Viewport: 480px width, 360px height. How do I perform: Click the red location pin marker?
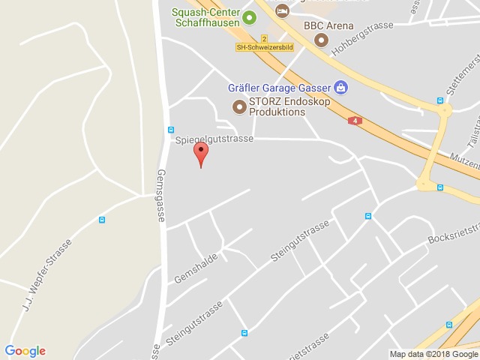[x=200, y=152]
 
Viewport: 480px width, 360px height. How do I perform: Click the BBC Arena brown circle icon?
[x=320, y=40]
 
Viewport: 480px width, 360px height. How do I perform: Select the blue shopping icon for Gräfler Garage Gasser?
[x=341, y=87]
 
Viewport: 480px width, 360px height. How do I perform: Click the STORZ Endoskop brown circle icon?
[x=239, y=106]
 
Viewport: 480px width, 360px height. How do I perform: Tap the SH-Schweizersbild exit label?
[x=264, y=47]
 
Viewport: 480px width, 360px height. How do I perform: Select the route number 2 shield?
[x=264, y=37]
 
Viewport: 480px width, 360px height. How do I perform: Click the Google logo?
[x=25, y=351]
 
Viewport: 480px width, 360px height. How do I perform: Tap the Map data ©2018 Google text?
[x=433, y=354]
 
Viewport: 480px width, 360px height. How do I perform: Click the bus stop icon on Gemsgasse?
[x=171, y=129]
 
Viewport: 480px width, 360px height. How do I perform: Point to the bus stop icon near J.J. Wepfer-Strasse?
[x=102, y=220]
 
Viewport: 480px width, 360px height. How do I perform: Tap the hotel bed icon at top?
[x=282, y=10]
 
